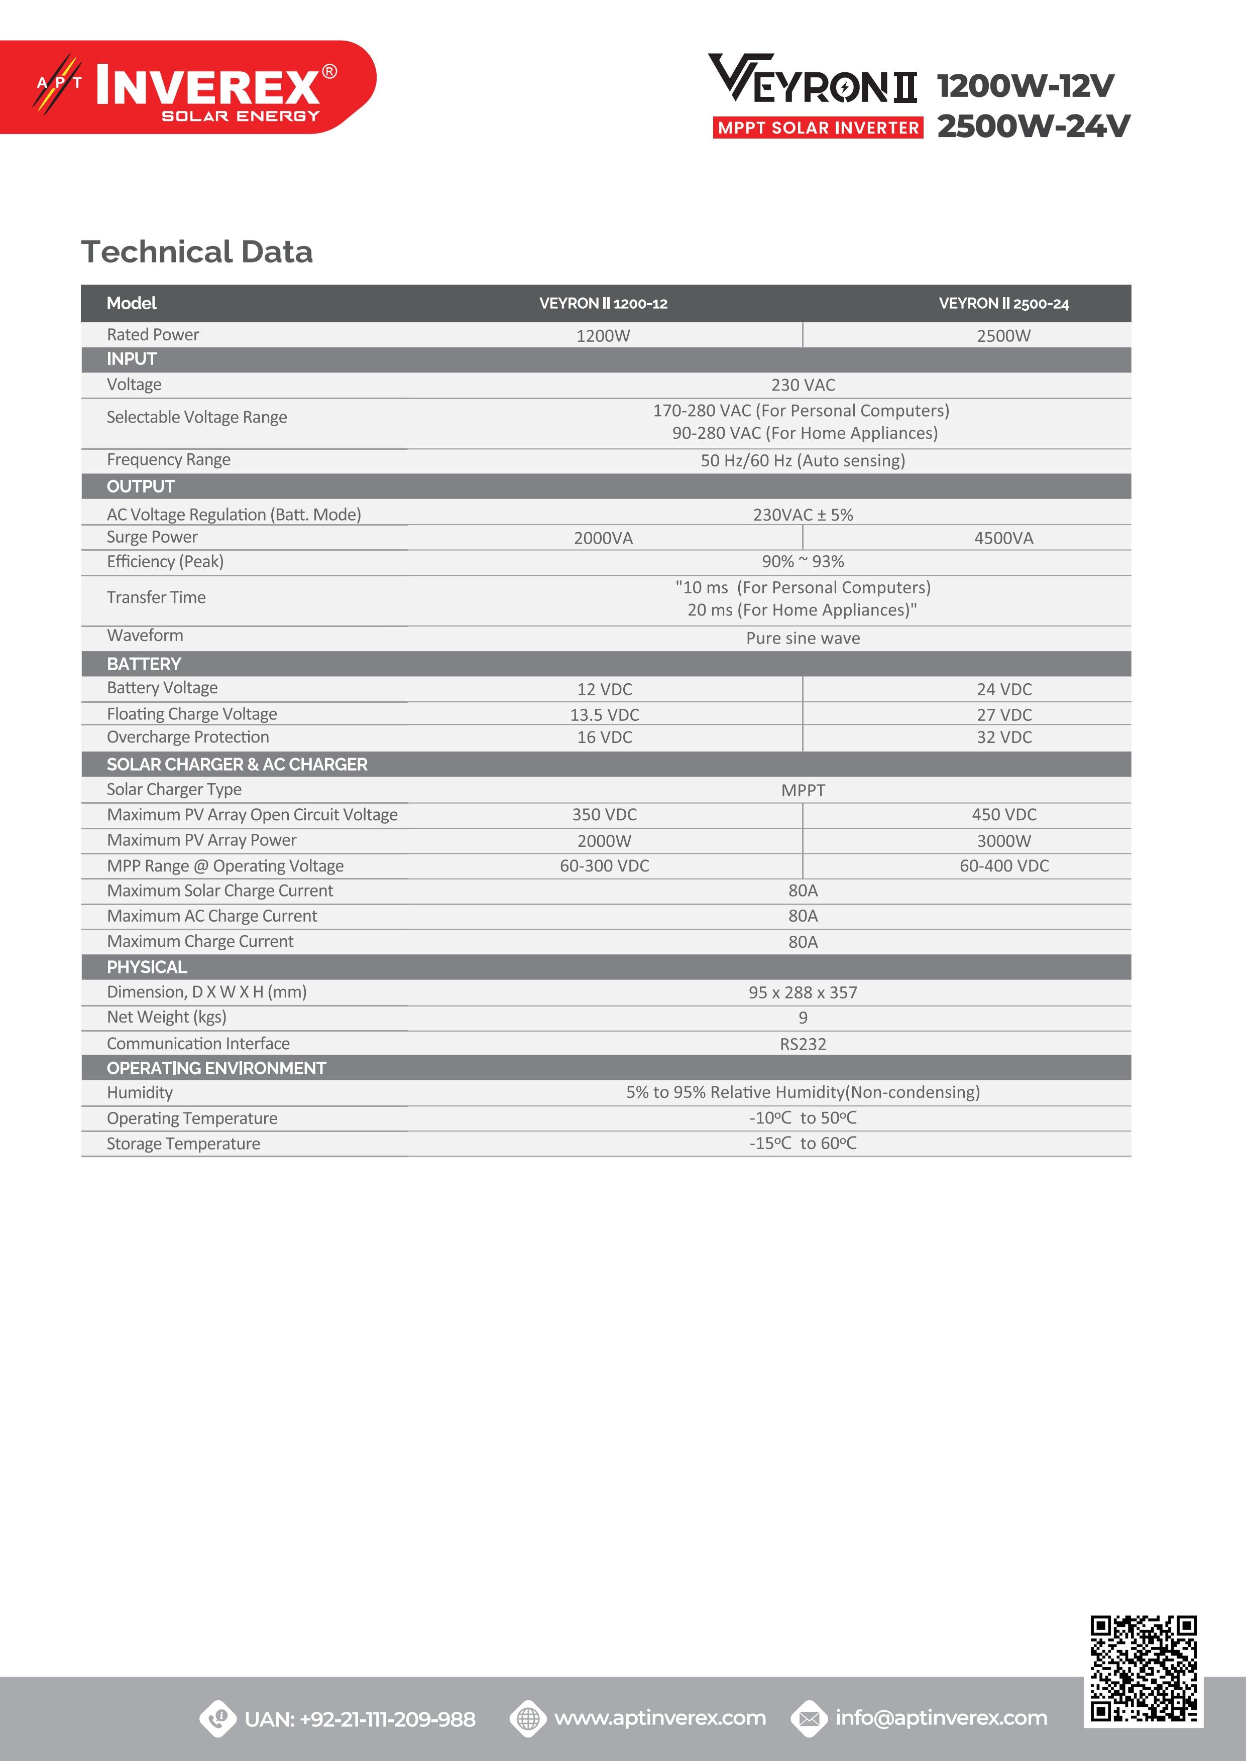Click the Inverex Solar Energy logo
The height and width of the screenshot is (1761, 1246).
188,87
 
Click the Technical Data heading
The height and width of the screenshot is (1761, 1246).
197,251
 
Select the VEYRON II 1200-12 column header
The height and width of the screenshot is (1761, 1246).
603,304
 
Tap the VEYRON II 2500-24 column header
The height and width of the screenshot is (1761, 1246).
1003,304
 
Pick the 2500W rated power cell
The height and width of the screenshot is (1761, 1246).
1003,336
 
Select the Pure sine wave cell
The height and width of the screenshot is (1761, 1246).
803,638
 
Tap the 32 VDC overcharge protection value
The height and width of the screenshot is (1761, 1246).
1003,737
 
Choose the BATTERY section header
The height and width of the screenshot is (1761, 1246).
144,664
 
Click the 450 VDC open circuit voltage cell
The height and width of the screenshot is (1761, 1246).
1003,815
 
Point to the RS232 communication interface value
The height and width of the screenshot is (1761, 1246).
803,1044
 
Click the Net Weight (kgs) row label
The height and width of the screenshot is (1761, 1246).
167,1017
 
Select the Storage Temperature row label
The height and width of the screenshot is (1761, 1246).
183,1144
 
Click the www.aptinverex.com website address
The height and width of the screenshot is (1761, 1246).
660,1718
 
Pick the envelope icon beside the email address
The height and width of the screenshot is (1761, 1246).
809,1719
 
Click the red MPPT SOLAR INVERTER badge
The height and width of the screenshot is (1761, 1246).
818,128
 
